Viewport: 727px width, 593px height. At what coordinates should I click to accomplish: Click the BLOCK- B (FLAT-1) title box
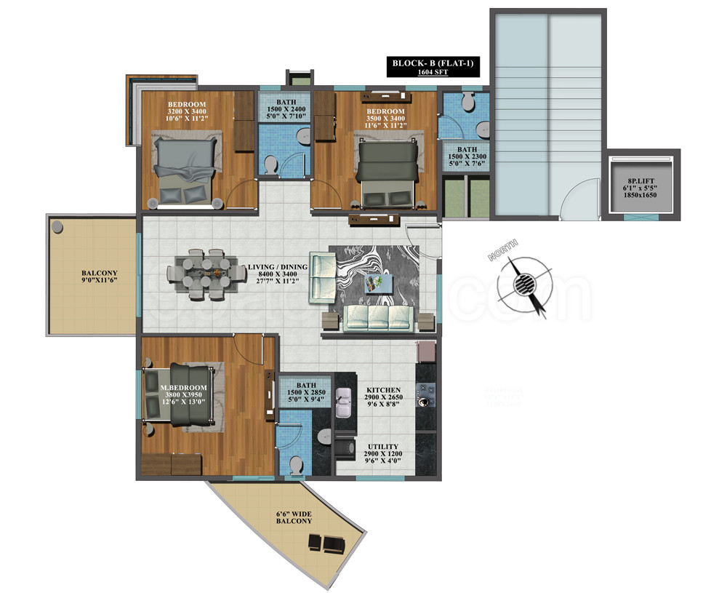click(x=433, y=67)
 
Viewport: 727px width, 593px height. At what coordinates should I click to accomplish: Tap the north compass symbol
click(x=522, y=284)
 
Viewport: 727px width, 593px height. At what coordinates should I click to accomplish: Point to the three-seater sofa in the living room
click(x=377, y=317)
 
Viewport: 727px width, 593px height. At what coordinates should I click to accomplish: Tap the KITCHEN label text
click(x=384, y=390)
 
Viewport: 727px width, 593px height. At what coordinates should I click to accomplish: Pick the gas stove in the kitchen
click(x=425, y=396)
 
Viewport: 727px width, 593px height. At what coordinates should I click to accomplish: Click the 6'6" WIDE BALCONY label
click(x=294, y=517)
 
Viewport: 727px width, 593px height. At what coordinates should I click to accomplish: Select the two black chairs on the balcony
click(x=322, y=542)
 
